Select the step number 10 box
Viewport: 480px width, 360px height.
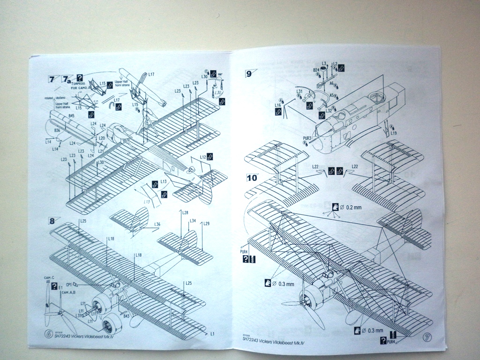[252, 178]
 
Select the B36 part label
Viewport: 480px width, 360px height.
[57, 130]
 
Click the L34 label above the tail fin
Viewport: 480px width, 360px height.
[192, 221]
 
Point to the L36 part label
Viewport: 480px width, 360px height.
[157, 225]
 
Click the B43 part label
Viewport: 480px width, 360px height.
[126, 316]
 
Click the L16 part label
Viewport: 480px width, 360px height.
[278, 106]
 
